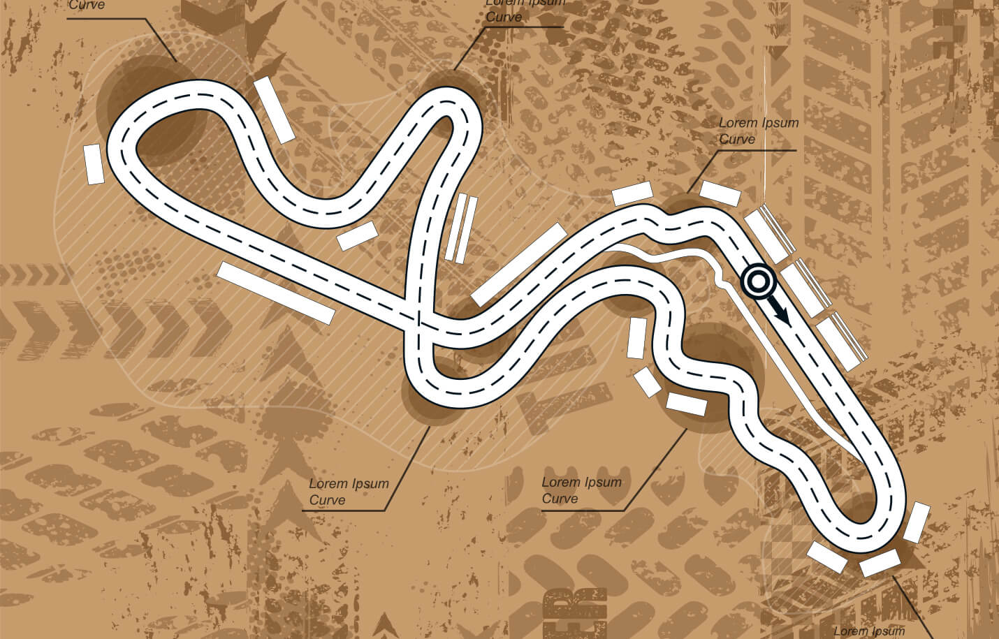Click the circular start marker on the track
click(x=758, y=281)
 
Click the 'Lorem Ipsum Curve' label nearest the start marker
click(x=758, y=131)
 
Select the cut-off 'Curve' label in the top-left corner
click(x=87, y=6)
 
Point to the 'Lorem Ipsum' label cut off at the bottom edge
click(x=869, y=631)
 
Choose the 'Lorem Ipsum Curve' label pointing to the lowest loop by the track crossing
click(x=348, y=491)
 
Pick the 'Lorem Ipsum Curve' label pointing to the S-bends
click(x=581, y=490)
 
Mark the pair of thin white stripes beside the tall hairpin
click(x=462, y=228)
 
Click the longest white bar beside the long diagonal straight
click(x=276, y=292)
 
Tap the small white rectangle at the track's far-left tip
click(x=94, y=164)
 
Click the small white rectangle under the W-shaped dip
click(x=357, y=236)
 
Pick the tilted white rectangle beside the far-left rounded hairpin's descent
click(x=275, y=110)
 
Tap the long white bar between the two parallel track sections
click(x=518, y=264)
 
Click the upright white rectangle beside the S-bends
click(x=636, y=338)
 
